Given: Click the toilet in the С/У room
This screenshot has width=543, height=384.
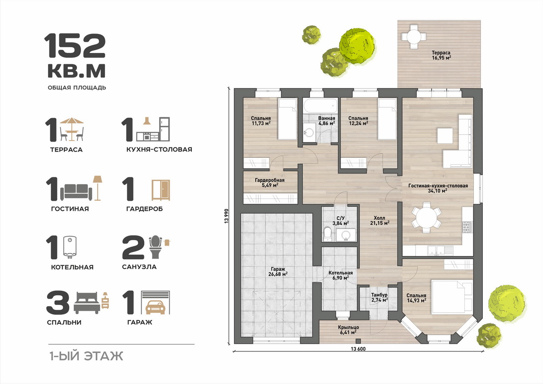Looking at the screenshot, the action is pos(327,233).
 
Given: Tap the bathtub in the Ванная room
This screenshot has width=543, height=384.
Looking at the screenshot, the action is pos(320,106).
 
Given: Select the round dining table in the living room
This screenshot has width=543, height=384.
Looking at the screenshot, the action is pos(426,217).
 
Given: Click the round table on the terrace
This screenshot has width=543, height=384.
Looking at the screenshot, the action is pos(414,37).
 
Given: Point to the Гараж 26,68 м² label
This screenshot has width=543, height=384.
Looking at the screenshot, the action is pos(278,271).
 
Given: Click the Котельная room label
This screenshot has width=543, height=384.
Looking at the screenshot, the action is pos(341,275).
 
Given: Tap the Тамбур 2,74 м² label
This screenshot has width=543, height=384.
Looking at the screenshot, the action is pos(379,298).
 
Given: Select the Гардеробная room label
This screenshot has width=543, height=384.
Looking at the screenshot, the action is pos(270,183).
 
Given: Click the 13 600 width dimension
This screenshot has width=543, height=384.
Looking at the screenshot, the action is pos(358,349).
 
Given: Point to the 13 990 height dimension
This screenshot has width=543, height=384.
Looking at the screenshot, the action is pos(226,216).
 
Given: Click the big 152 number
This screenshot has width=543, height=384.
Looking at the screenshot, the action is pos(75,46).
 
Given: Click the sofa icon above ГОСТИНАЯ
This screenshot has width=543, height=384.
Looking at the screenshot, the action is pos(76,192).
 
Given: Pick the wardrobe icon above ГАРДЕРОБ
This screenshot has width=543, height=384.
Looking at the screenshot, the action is pos(161,190).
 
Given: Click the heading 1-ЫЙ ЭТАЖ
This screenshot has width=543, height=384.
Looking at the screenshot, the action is pos(86,356).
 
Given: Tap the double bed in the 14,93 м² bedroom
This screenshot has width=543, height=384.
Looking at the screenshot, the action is pos(452,297).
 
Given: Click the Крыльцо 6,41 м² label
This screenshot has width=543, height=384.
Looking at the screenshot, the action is pos(348,330).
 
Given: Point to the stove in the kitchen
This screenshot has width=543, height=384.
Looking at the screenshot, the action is pos(467,227).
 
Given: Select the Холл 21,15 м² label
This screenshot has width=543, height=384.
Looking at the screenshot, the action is pos(380,220).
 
